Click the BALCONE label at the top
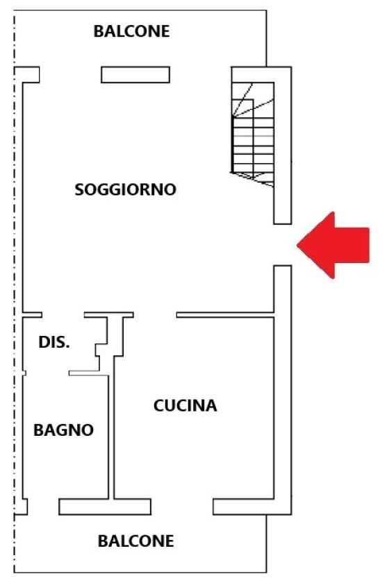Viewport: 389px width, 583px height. tap(131, 31)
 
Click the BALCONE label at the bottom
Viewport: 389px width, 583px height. tap(136, 541)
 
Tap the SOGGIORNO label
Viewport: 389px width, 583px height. tap(126, 189)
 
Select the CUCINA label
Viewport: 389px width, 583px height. tap(185, 405)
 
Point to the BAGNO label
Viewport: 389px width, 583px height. tap(64, 430)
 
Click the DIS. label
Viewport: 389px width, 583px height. tap(54, 342)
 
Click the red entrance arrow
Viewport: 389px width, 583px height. tap(333, 246)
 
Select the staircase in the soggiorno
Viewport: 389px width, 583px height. tap(253, 134)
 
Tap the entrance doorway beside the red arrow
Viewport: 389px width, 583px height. tap(283, 244)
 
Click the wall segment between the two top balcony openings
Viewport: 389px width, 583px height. tap(135, 75)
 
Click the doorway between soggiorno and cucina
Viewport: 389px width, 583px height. tap(155, 315)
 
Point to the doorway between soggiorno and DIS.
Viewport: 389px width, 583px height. tap(63, 315)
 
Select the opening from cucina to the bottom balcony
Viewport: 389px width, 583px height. tap(182, 507)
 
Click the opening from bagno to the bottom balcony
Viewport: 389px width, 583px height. tap(43, 507)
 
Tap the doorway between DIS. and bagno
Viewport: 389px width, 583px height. tap(47, 373)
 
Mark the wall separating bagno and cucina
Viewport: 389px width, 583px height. tap(111, 437)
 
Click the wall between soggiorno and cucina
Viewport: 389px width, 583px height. tap(225, 315)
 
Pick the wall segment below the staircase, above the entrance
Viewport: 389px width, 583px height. tap(283, 205)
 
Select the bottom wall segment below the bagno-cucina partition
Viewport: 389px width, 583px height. tap(105, 507)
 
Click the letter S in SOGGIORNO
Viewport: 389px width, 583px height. tap(80, 189)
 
